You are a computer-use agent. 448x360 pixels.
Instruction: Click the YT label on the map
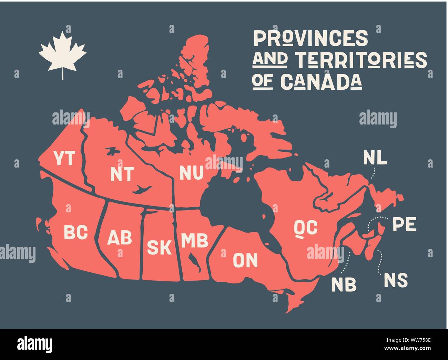[x=64, y=158]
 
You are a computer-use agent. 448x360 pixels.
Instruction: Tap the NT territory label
[x=122, y=174]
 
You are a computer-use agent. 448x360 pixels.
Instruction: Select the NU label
[x=192, y=173]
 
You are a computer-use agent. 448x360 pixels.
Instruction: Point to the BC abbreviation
[x=76, y=232]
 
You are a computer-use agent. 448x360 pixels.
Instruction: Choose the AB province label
[x=120, y=238]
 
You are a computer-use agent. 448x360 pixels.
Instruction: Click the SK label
[x=159, y=247]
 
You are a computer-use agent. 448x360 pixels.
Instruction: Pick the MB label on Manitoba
[x=195, y=241]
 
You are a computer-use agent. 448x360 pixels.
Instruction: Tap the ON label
[x=245, y=260]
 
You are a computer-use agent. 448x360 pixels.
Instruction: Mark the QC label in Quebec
[x=305, y=228]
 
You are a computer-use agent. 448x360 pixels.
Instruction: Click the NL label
[x=375, y=158]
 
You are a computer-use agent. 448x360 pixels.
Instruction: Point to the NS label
[x=396, y=280]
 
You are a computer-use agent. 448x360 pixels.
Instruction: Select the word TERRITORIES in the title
[x=362, y=60]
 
